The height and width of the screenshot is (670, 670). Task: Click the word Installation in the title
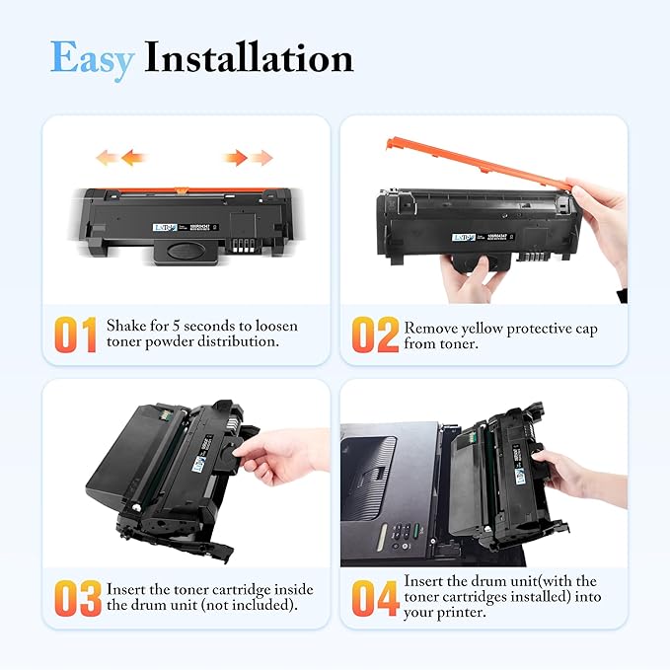click(x=249, y=58)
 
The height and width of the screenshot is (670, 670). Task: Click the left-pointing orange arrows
click(x=120, y=157)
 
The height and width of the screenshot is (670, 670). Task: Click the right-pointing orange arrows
click(x=248, y=157)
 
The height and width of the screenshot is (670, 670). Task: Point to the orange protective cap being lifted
click(x=474, y=163)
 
